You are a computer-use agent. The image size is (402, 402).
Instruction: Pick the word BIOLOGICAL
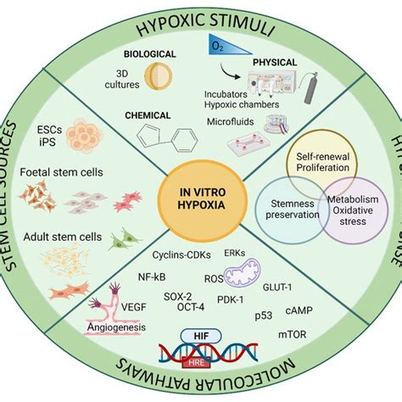[148, 53]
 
